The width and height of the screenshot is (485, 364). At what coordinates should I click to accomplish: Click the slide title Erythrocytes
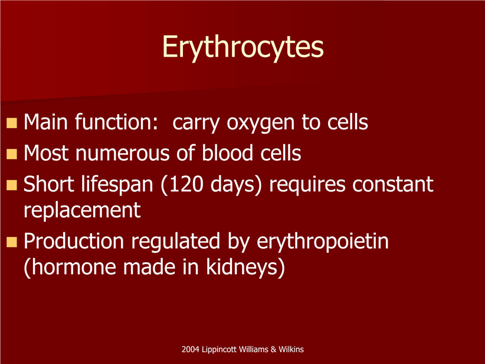pyautogui.click(x=243, y=47)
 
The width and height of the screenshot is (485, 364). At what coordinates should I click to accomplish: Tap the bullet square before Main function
pyautogui.click(x=11, y=123)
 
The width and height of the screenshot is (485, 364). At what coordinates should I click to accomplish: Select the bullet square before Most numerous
pyautogui.click(x=11, y=154)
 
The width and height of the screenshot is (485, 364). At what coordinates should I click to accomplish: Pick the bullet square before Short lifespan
pyautogui.click(x=11, y=185)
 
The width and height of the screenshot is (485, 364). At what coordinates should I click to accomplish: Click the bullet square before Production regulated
pyautogui.click(x=11, y=242)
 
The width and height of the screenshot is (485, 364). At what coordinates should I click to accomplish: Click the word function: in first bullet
pyautogui.click(x=117, y=122)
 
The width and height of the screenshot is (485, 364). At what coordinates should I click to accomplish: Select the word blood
pyautogui.click(x=227, y=152)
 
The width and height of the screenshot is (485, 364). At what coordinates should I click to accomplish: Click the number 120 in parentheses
pyautogui.click(x=186, y=184)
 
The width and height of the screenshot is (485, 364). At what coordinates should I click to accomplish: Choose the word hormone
pyautogui.click(x=74, y=267)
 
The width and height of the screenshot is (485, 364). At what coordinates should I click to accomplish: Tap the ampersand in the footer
pyautogui.click(x=273, y=349)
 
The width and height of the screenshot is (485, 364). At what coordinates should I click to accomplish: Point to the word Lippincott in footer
pyautogui.click(x=219, y=350)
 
